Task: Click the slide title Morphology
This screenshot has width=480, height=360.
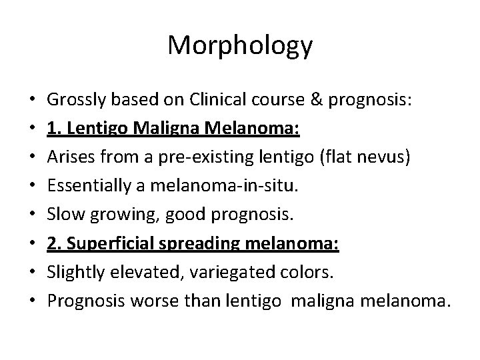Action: (240, 45)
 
